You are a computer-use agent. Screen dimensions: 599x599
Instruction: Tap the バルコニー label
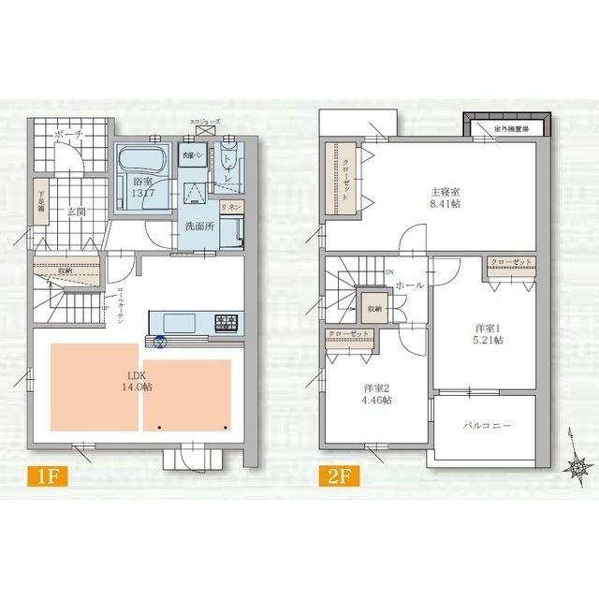487,425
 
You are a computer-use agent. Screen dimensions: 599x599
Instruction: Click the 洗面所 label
198,226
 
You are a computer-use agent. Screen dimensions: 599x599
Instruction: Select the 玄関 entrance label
77,212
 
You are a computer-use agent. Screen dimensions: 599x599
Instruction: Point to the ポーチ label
69,136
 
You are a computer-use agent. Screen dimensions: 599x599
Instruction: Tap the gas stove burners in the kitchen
227,324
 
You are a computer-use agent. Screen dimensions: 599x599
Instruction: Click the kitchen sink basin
182,324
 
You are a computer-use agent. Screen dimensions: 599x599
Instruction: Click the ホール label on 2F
409,284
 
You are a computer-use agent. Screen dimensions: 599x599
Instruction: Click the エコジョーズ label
204,122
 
